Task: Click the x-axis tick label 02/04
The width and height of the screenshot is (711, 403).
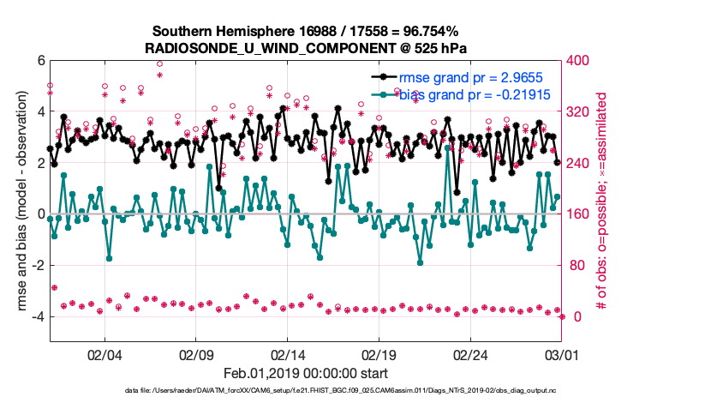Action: click(x=105, y=354)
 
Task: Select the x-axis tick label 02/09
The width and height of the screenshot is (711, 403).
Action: click(x=196, y=354)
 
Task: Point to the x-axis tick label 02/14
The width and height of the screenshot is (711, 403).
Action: click(x=289, y=354)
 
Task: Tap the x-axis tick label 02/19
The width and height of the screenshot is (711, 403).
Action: click(x=380, y=354)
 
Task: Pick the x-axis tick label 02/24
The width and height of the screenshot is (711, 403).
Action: click(x=472, y=354)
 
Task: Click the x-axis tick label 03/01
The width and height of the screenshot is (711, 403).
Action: click(x=562, y=354)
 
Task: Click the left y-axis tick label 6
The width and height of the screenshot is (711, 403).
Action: click(x=39, y=61)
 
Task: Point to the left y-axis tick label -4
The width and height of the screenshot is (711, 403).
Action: click(x=37, y=316)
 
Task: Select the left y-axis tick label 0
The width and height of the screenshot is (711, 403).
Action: click(x=39, y=214)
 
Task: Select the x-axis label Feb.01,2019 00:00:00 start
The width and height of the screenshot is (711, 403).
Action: click(x=305, y=373)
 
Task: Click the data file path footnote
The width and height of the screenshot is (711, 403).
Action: click(x=305, y=392)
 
